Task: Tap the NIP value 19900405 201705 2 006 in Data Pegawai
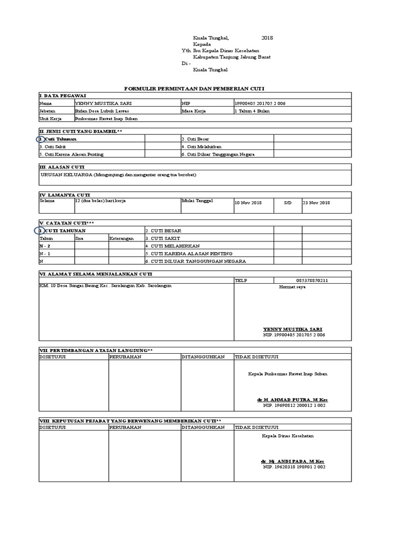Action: (260, 103)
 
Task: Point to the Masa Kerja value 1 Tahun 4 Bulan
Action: (253, 111)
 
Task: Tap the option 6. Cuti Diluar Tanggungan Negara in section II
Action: (220, 154)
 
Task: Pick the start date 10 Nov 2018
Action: (247, 202)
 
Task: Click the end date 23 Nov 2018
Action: (316, 202)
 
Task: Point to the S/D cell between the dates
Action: (287, 202)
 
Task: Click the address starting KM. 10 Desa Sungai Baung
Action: (105, 286)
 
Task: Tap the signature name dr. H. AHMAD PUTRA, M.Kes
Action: (292, 399)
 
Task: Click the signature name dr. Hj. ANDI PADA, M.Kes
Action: (292, 461)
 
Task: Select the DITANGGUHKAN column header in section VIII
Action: (203, 427)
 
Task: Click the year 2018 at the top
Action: (267, 38)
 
